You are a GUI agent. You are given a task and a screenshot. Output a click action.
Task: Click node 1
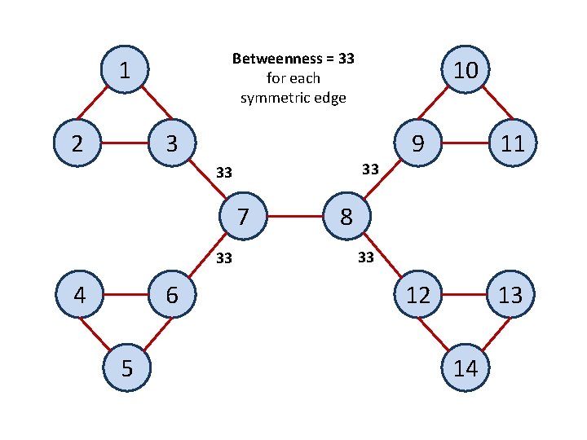123,70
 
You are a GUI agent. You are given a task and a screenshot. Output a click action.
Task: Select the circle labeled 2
76,143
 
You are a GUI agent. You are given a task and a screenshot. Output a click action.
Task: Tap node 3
170,143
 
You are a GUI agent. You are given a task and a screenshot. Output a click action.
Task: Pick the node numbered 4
79,294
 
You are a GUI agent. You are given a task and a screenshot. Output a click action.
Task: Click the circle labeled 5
126,367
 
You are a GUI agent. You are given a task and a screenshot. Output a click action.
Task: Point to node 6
171,294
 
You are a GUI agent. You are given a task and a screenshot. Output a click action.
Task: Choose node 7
242,218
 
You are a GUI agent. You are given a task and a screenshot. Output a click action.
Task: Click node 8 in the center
346,218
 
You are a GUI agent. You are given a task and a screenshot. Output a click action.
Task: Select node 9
417,143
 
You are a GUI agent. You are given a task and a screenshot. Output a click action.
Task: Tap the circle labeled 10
465,70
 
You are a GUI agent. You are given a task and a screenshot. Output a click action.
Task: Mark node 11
512,143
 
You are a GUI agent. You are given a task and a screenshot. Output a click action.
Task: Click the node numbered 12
417,294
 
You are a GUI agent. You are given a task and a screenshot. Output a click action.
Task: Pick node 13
510,294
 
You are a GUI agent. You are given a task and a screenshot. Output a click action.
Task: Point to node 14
465,367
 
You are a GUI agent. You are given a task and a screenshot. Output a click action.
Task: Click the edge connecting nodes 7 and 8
294,218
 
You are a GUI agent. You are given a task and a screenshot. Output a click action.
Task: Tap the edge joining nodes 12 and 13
464,294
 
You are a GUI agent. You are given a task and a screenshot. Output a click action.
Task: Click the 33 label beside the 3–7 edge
224,173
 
